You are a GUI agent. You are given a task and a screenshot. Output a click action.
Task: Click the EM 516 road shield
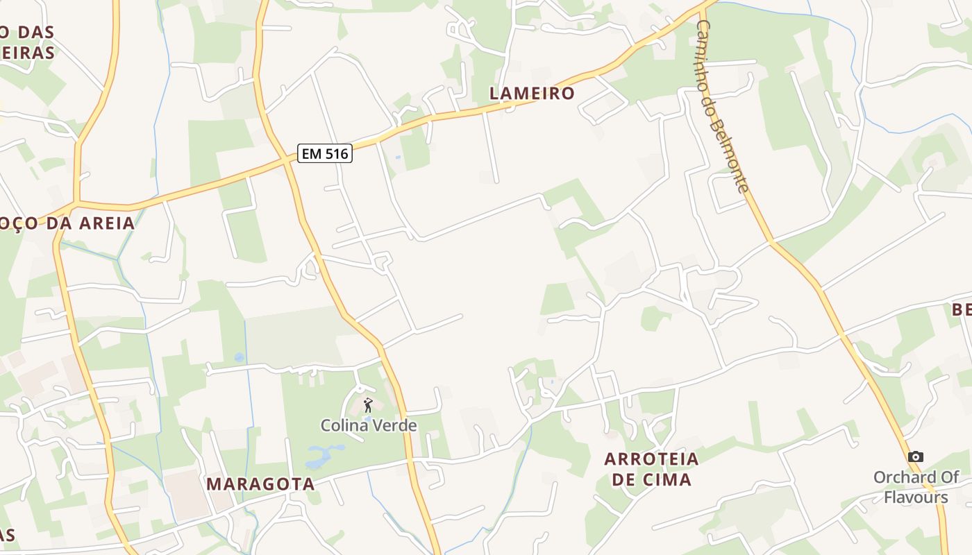pyautogui.click(x=325, y=153)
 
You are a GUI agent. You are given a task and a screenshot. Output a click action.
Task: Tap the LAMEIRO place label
pyautogui.click(x=533, y=93)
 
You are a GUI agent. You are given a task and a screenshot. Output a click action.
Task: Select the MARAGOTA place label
pyautogui.click(x=260, y=484)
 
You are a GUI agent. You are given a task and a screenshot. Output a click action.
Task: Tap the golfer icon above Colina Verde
pyautogui.click(x=368, y=406)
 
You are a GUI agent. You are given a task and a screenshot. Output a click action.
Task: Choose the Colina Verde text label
pyautogui.click(x=369, y=425)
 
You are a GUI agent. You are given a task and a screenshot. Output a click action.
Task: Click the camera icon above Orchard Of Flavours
pyautogui.click(x=916, y=456)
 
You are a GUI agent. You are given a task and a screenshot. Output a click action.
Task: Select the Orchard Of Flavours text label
pyautogui.click(x=916, y=487)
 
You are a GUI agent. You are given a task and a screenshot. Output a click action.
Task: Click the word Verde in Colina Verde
pyautogui.click(x=394, y=425)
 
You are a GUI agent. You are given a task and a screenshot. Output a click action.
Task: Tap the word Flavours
pyautogui.click(x=916, y=497)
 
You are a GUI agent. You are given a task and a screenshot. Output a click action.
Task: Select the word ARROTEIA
pyautogui.click(x=651, y=459)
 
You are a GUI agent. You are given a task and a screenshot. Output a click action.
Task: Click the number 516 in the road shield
pyautogui.click(x=335, y=153)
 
